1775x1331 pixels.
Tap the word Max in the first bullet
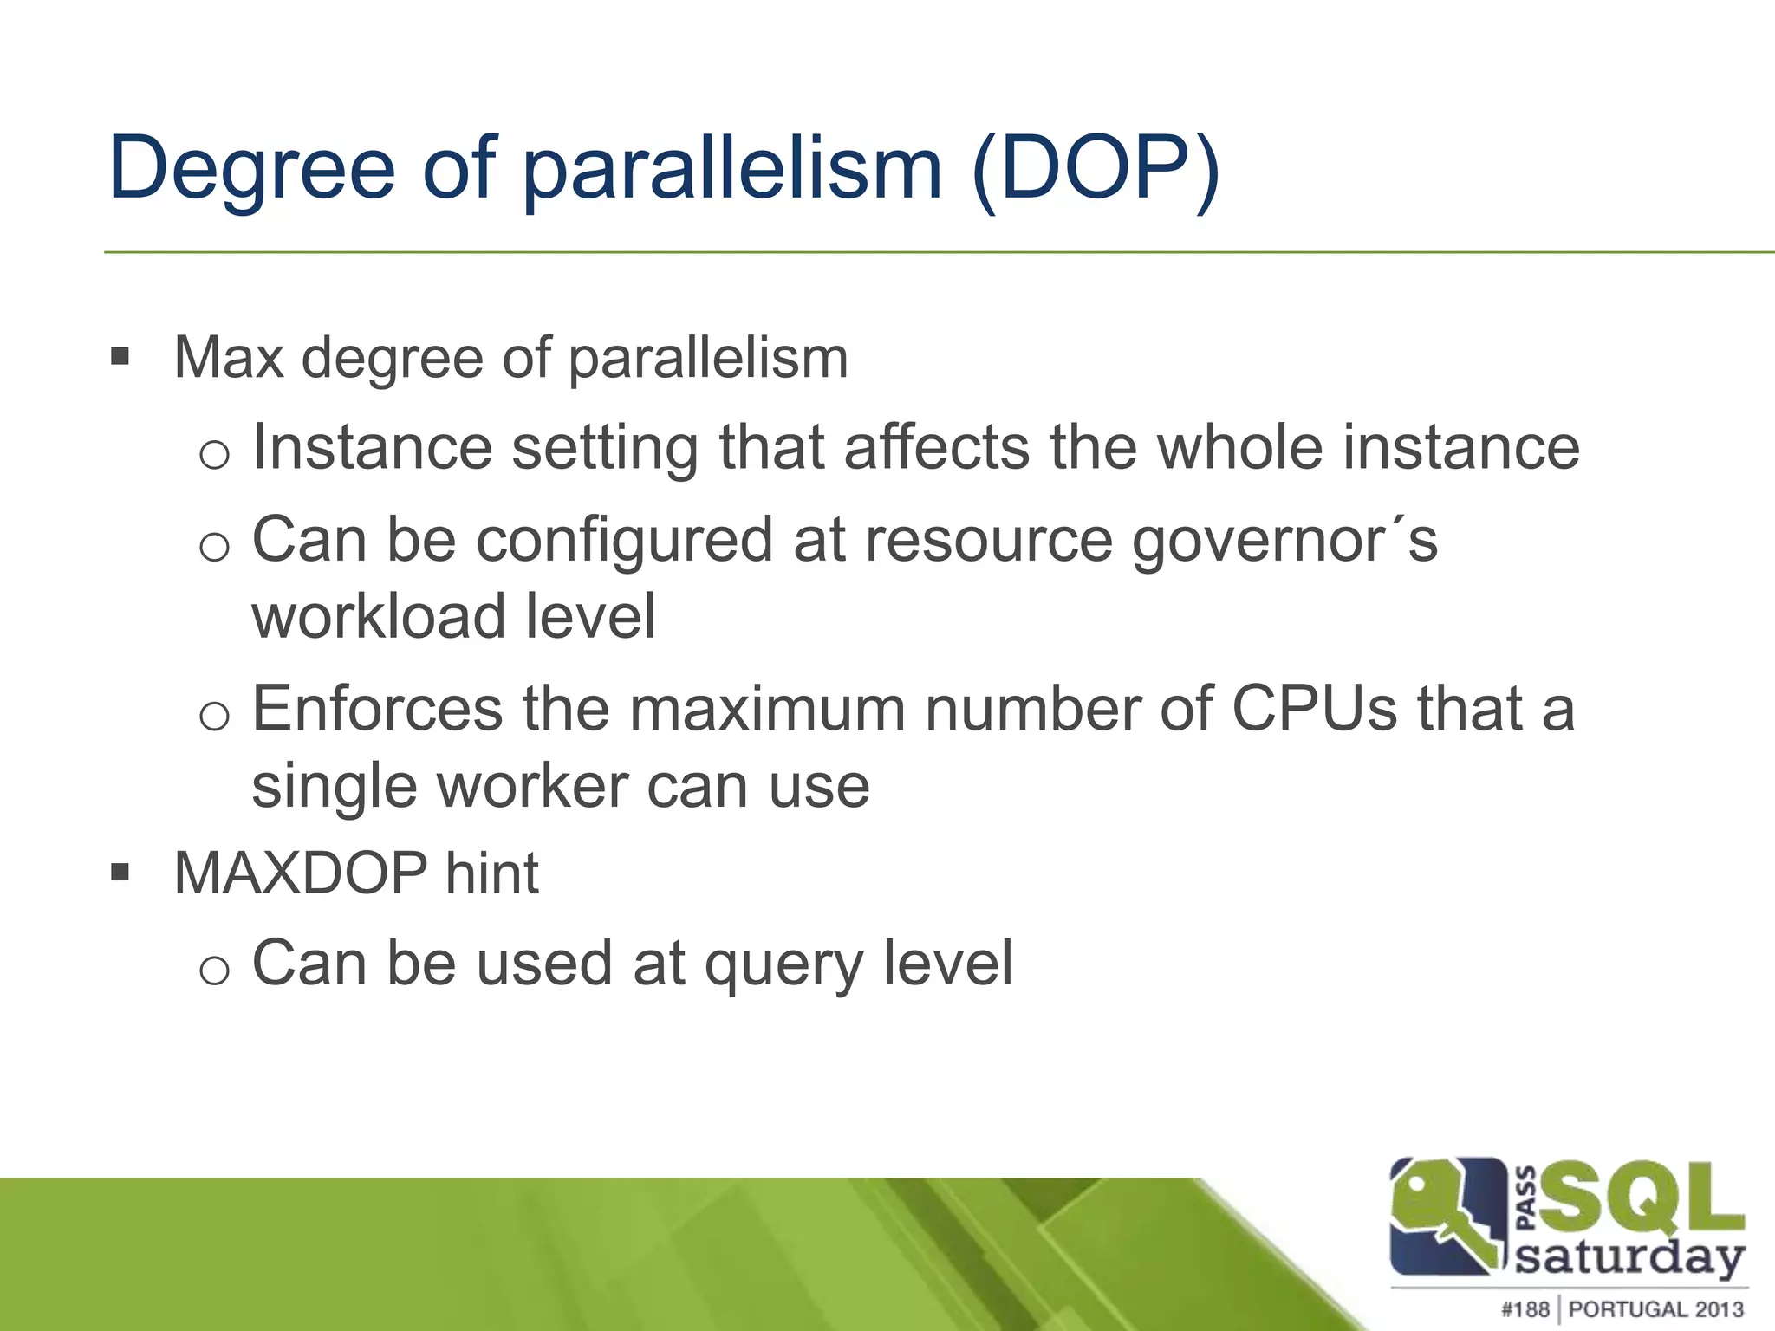point(228,357)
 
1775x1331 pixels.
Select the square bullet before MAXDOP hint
point(120,871)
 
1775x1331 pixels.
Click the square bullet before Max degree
point(120,356)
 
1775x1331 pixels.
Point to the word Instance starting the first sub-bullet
point(373,448)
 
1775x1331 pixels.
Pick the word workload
point(374,616)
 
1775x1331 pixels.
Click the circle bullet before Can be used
point(214,970)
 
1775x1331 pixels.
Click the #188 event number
point(1525,1308)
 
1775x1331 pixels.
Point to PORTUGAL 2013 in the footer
point(1655,1308)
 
